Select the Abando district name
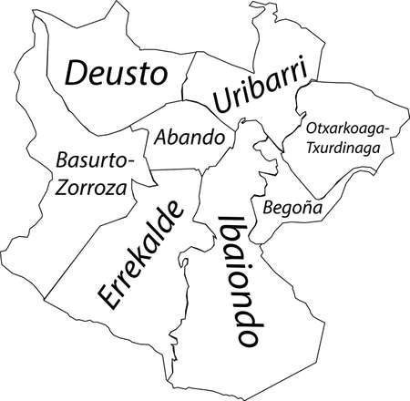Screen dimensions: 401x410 [x=189, y=138]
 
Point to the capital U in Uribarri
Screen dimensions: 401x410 [x=220, y=102]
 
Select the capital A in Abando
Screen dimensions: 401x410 [x=162, y=139]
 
